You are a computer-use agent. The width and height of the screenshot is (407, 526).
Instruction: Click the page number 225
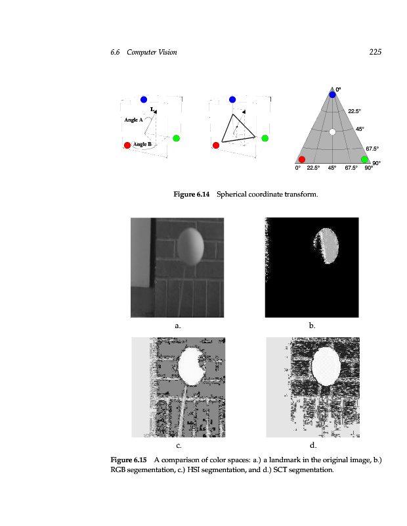375,52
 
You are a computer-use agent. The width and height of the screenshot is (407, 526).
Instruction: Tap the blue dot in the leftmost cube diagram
144,99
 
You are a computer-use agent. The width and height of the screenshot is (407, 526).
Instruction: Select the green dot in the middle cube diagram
265,138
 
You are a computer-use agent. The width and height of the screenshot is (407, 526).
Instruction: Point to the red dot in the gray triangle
302,159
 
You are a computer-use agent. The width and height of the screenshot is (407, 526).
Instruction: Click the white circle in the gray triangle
333,132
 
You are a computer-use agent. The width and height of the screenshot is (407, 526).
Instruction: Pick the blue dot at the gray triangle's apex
333,95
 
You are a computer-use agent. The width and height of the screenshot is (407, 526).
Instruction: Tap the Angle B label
142,144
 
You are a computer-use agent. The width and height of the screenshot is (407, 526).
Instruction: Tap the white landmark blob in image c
192,366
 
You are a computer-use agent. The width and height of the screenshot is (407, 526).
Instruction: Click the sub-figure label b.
312,325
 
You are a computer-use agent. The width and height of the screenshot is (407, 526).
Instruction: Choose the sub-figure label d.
312,445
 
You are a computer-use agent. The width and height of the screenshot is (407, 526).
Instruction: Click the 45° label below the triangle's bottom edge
332,168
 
